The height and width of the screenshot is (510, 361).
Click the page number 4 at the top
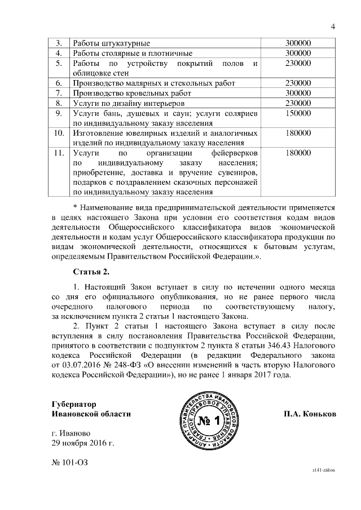(333, 26)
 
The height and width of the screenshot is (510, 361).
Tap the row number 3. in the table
(58, 43)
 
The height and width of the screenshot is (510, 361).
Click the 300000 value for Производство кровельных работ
(298, 93)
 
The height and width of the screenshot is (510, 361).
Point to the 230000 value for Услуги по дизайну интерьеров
(298, 103)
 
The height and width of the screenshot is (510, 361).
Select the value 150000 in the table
(298, 113)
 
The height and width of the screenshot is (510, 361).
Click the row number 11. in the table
(58, 153)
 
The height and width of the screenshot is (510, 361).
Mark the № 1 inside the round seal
(210, 421)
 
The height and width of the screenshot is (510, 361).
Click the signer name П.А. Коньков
(310, 414)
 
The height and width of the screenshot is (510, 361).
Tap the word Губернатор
(73, 404)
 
